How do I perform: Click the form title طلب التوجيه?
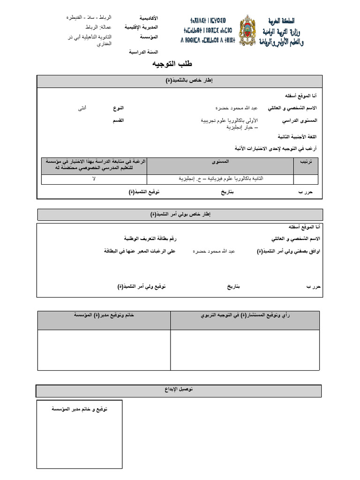pos(172,64)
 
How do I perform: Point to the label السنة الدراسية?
pos(144,52)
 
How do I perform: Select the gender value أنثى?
pos(82,108)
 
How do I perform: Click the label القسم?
pos(118,121)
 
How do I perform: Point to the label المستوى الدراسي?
pos(300,121)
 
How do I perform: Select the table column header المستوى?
pos(220,161)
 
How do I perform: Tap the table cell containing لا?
pos(94,180)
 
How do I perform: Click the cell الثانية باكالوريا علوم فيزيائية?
pos(220,180)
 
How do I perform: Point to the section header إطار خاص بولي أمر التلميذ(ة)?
pos(180,215)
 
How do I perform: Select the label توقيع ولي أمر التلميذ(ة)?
pos(142,286)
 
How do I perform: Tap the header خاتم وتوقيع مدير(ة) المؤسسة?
pos(104,315)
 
